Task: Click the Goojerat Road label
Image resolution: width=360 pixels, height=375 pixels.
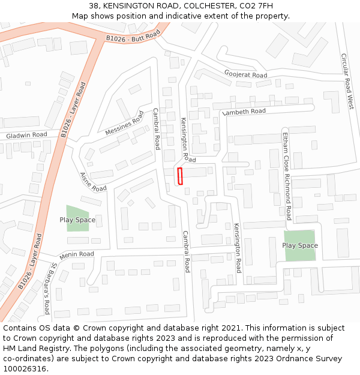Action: coord(246,74)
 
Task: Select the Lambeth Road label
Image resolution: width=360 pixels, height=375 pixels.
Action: coord(244,112)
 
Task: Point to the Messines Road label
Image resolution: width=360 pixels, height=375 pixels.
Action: coord(125,123)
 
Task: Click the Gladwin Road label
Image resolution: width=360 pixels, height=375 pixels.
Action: coord(26,136)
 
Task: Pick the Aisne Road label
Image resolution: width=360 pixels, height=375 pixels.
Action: coord(93,182)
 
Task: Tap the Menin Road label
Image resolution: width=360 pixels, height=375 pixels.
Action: coord(77,254)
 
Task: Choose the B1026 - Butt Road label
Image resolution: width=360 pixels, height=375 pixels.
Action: coord(133,37)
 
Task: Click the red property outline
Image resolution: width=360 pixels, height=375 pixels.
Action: coord(179,176)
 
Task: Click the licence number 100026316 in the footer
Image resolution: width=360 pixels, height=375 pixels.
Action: coord(25,369)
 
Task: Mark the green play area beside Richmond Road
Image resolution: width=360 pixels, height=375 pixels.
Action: coord(299,245)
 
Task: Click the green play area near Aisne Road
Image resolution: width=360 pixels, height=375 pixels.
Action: coord(77,219)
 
